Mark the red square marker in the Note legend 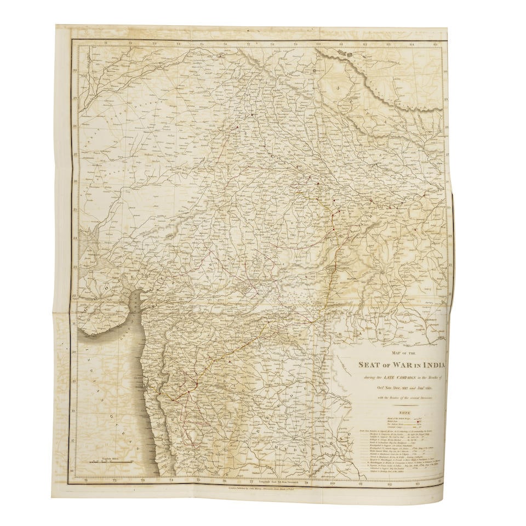(420, 422)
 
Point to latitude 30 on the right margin (447, 71)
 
